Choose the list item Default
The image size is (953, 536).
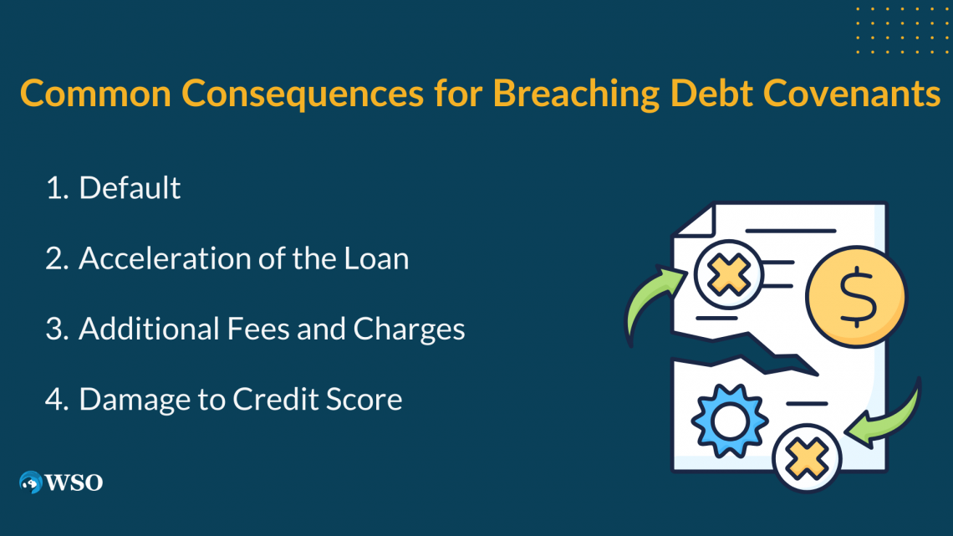(130, 188)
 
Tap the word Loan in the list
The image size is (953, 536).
(378, 258)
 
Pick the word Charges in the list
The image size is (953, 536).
(409, 329)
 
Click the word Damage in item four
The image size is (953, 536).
(131, 399)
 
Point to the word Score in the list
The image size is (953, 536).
(369, 399)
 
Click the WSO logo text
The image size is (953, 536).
(74, 482)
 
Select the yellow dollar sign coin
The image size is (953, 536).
(856, 298)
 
